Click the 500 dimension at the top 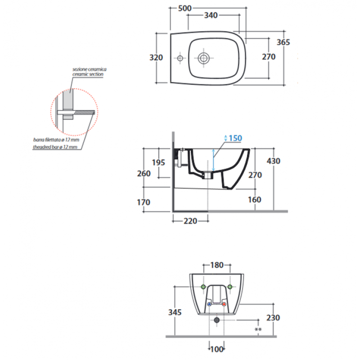click(x=185, y=8)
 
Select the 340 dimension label click(x=211, y=15)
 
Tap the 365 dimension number click(x=283, y=42)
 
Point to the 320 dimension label click(x=156, y=58)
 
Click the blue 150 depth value click(x=235, y=138)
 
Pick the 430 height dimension click(x=274, y=161)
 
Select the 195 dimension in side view click(x=158, y=162)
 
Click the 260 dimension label click(x=144, y=174)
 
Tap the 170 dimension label click(x=144, y=202)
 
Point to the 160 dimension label click(x=254, y=200)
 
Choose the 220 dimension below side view click(x=190, y=221)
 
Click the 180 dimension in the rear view click(x=217, y=265)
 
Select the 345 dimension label click(x=175, y=312)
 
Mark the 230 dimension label click(x=273, y=318)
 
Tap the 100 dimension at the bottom click(x=217, y=349)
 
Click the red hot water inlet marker click(x=224, y=304)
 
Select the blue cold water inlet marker click(x=209, y=304)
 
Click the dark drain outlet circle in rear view click(x=216, y=320)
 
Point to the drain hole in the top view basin click(x=204, y=58)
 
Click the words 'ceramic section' click(x=88, y=74)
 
